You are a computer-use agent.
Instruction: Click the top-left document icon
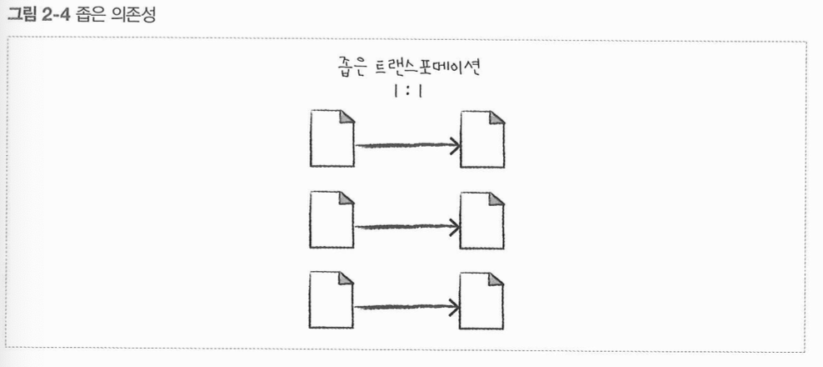click(x=332, y=138)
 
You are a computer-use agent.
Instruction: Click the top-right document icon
click(x=482, y=138)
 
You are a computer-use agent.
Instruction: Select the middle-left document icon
click(x=332, y=219)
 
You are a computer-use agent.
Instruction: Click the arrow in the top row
click(x=407, y=145)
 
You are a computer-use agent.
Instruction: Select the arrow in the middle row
click(x=407, y=226)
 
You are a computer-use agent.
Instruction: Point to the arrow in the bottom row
click(x=407, y=306)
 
